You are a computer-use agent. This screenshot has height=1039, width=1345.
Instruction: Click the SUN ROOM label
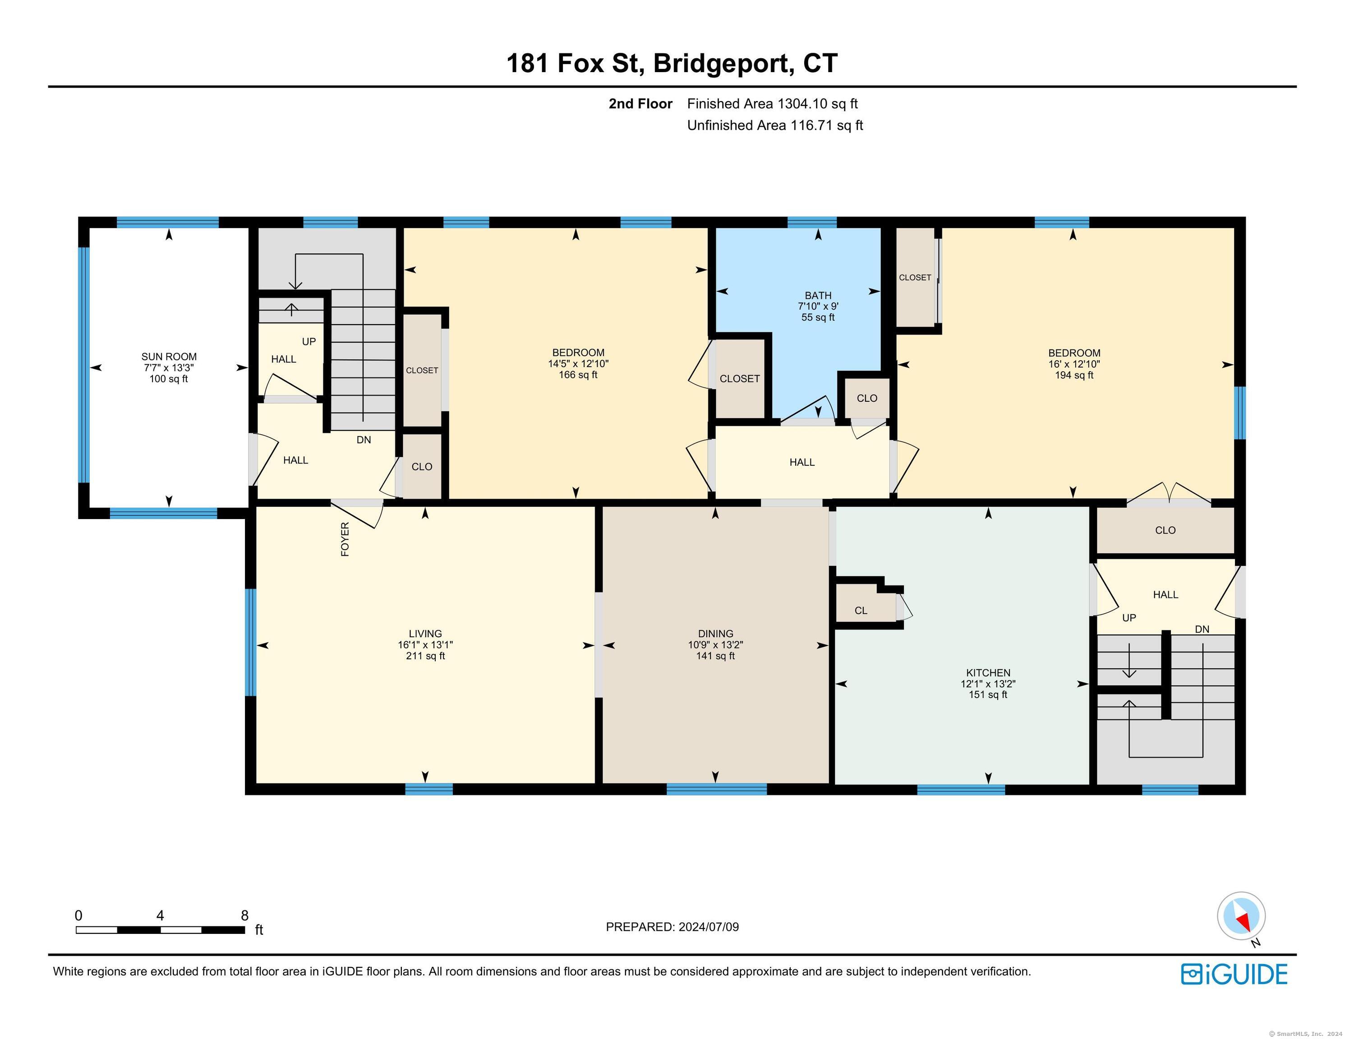click(x=169, y=357)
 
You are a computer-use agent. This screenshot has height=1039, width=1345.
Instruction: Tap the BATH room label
click(x=818, y=296)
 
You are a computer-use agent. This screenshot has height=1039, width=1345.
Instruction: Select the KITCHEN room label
click(x=988, y=673)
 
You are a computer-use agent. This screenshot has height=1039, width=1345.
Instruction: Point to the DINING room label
click(x=716, y=634)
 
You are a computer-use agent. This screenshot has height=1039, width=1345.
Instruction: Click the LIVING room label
click(x=425, y=634)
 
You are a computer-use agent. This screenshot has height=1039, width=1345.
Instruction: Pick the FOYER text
click(x=345, y=539)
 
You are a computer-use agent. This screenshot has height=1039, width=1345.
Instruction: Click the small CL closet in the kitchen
click(x=861, y=610)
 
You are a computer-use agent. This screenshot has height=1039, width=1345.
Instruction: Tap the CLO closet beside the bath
click(x=867, y=399)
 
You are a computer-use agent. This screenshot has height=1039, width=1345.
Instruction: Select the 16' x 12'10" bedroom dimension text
click(x=1074, y=364)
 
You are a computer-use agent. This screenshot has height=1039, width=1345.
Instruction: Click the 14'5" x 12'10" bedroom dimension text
click(x=578, y=364)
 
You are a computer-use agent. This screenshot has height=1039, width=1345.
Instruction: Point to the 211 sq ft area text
click(x=425, y=656)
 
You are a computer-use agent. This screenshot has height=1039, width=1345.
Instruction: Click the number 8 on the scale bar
click(x=244, y=915)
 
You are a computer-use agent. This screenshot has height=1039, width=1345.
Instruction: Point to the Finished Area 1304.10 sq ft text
click(x=772, y=104)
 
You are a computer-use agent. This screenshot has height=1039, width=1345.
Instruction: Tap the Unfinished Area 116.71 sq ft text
click(x=775, y=126)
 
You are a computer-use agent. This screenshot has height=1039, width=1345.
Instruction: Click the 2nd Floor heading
click(x=640, y=104)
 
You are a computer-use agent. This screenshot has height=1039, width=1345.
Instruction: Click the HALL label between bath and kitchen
click(x=802, y=463)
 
